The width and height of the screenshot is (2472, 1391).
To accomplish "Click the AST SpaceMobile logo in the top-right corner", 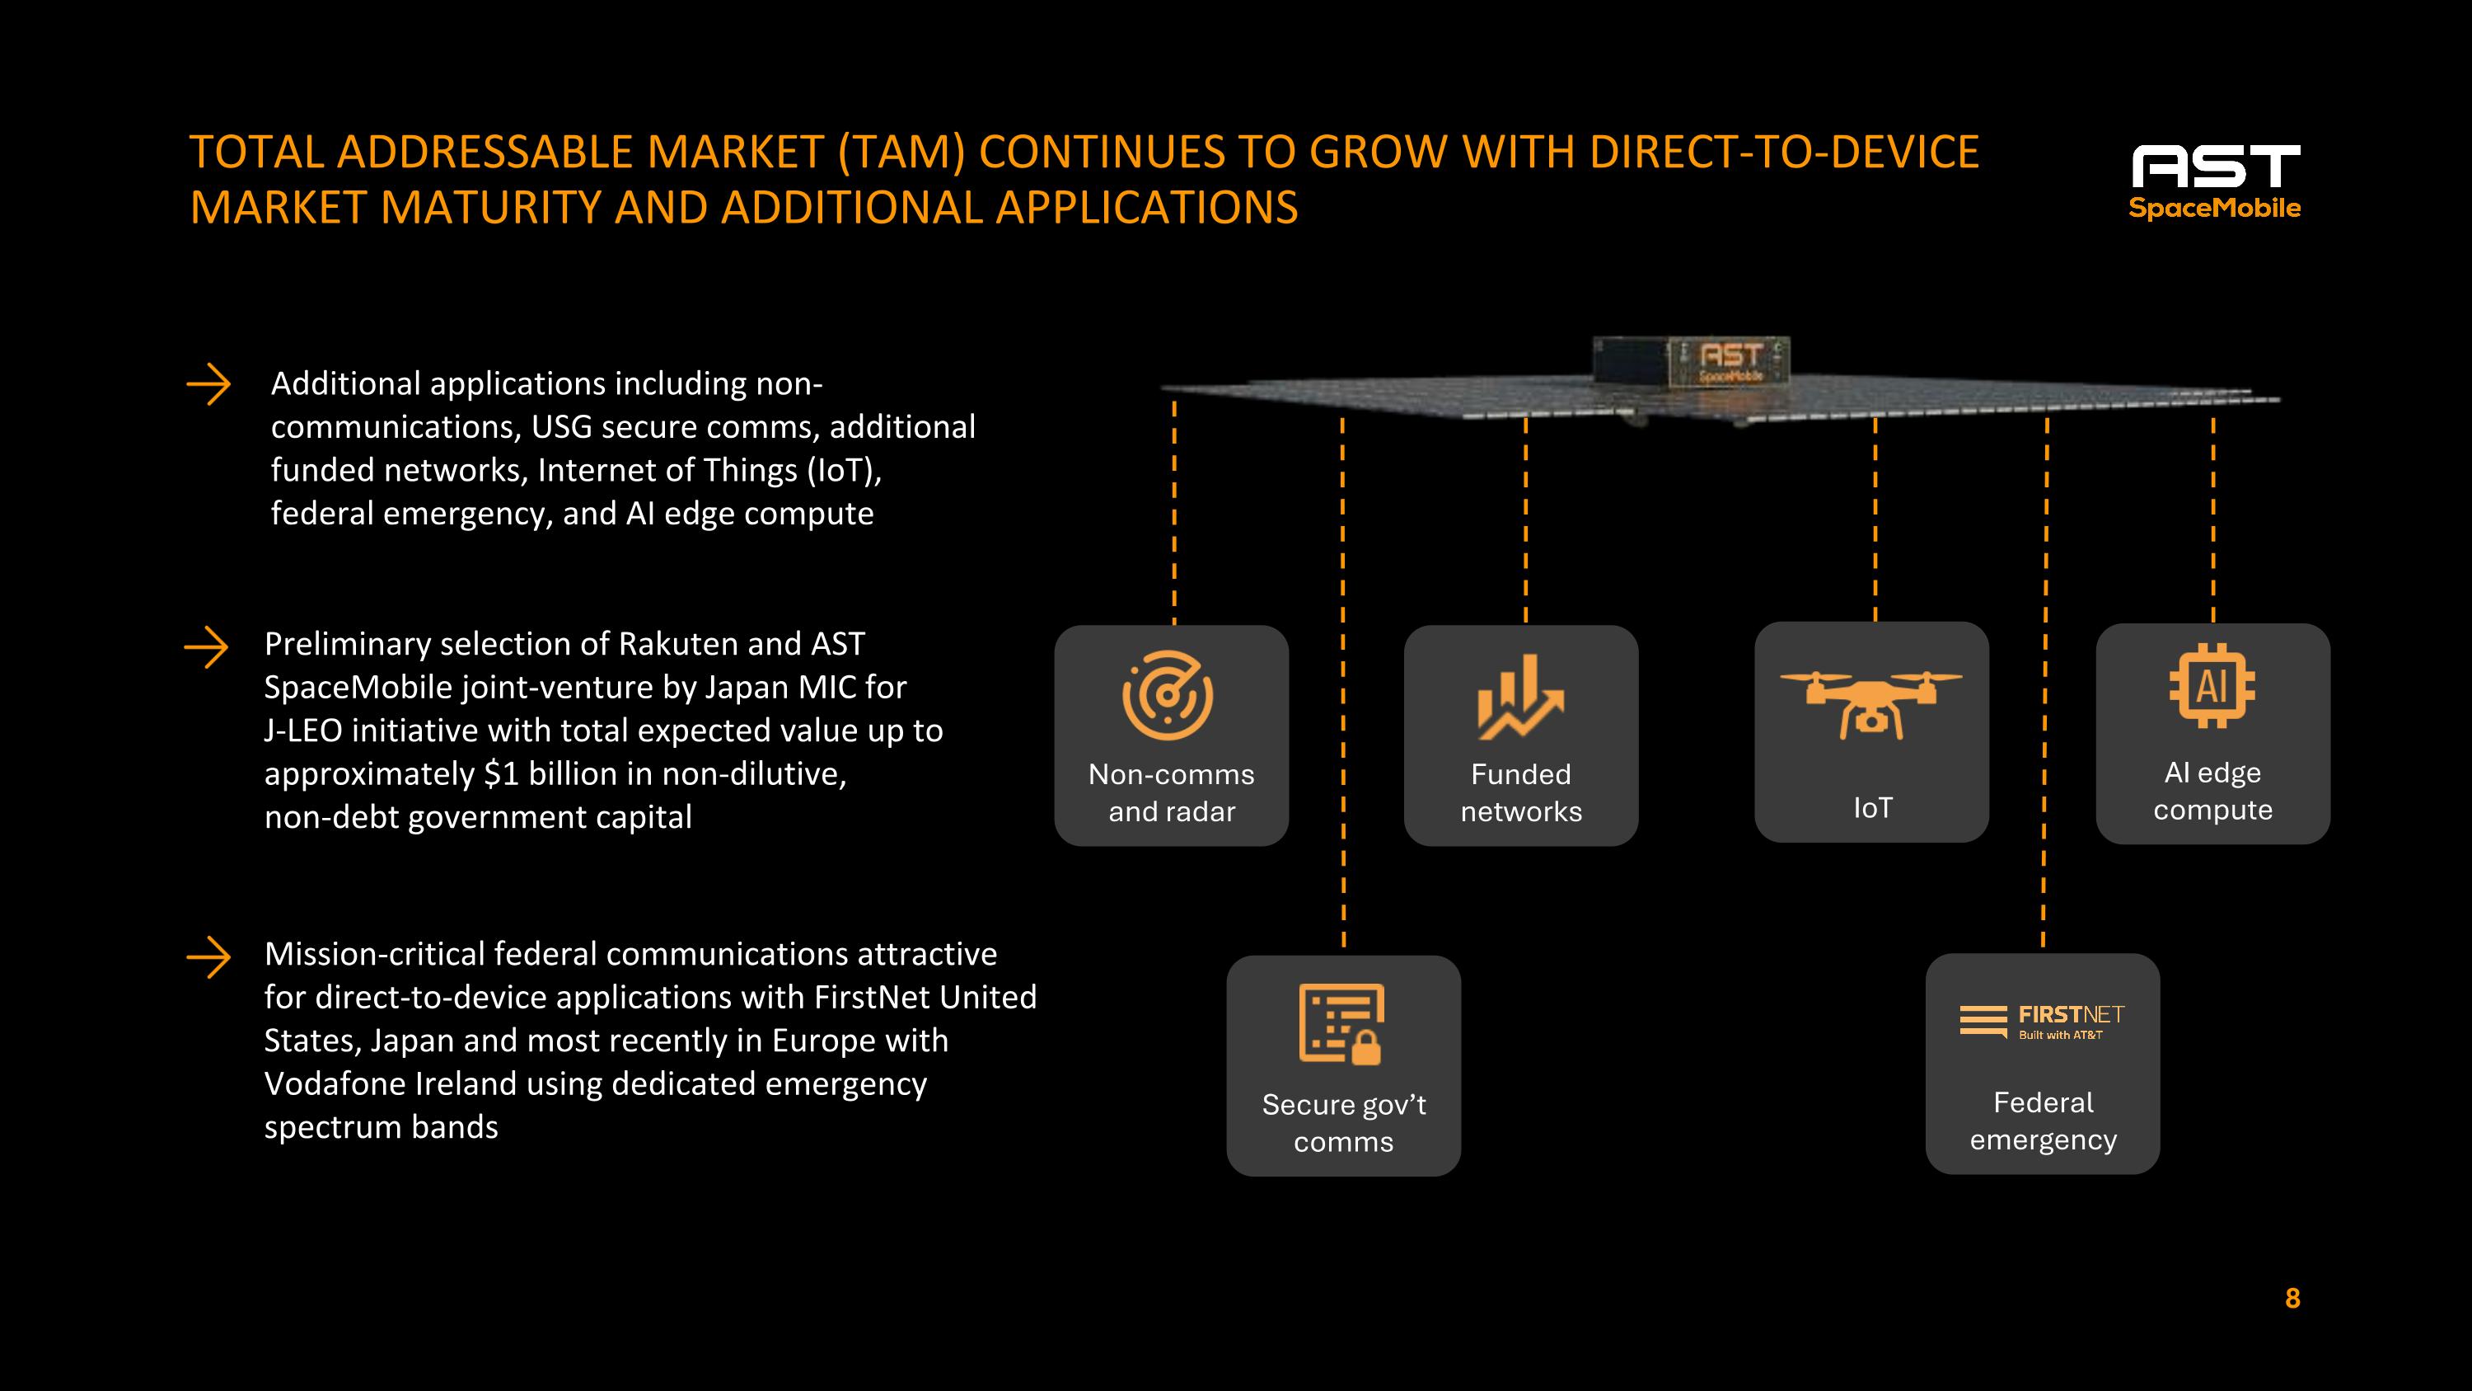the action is pos(2215,182).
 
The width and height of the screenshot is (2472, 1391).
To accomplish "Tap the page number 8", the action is pos(2292,1299).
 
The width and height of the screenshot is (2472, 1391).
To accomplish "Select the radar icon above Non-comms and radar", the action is pos(1168,695).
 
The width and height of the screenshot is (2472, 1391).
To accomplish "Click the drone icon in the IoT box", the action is pos(1870,703).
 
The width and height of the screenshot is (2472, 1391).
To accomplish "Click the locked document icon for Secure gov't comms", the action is pos(1341,1024).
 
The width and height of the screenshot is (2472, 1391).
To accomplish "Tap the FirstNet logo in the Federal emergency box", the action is pos(2042,1022).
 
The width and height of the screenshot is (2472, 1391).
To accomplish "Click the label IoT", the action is pos(1872,808).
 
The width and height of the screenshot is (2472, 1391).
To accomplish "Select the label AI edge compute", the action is pos(2213,791).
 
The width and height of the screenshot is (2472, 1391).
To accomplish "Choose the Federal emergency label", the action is pos(2043,1121).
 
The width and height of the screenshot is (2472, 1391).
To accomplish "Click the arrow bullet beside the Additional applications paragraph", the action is pos(208,386).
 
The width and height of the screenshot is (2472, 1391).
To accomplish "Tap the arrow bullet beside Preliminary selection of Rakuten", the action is pos(206,648).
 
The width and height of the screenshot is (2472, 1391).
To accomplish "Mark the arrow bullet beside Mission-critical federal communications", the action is pos(208,958).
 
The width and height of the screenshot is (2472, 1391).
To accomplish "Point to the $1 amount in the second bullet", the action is pos(501,773).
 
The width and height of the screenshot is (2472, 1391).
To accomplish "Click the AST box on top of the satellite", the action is pos(1691,363).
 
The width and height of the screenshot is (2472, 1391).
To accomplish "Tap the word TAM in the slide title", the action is pos(902,152).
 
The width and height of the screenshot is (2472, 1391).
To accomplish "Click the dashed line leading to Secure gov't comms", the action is pos(1342,682).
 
